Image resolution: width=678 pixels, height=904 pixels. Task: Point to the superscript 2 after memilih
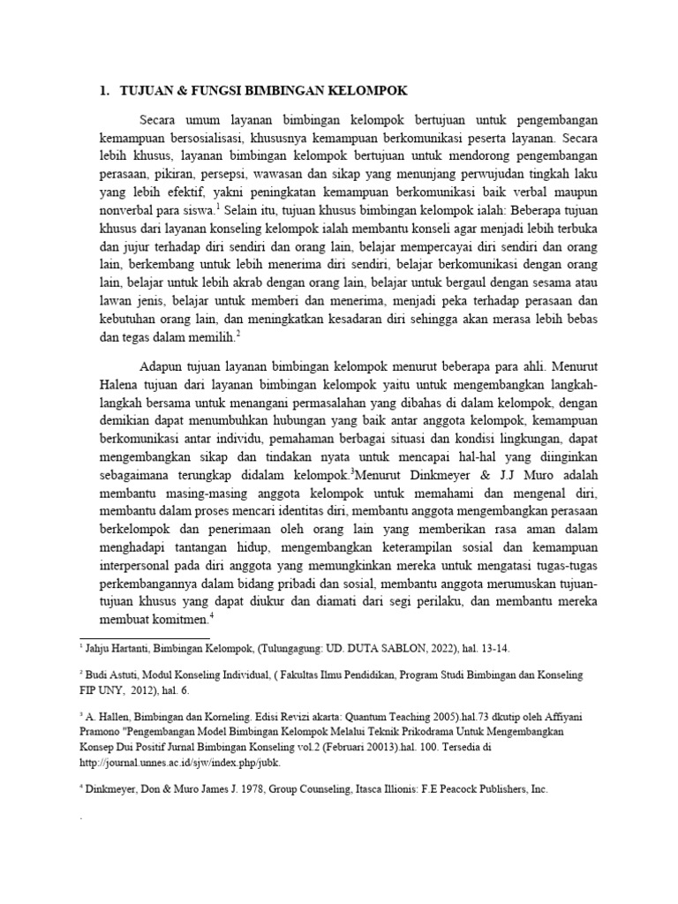tap(238, 333)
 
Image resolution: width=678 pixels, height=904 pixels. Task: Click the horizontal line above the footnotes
tap(145, 637)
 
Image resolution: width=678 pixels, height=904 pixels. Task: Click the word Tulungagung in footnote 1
tap(302, 648)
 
